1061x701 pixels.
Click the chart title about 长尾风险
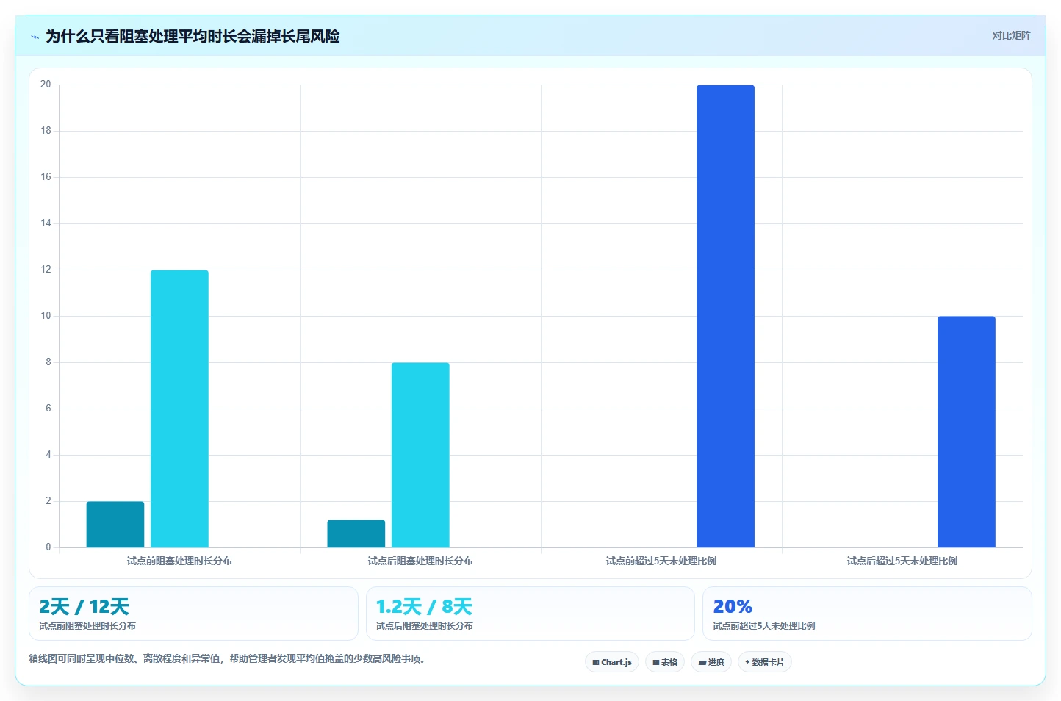[193, 37]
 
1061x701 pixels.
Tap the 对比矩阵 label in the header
[1011, 35]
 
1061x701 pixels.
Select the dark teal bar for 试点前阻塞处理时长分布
[115, 525]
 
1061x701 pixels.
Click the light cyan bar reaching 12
[179, 409]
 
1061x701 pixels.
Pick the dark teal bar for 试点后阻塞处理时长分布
[356, 533]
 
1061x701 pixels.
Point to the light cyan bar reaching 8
[420, 455]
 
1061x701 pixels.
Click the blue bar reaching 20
[726, 317]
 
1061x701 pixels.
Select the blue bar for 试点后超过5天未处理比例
[966, 432]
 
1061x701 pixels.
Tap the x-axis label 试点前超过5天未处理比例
[661, 561]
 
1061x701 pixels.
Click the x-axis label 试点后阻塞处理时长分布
[420, 561]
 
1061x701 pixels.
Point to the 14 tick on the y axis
[46, 223]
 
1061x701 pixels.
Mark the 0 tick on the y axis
[48, 547]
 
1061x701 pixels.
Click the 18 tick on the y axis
[46, 131]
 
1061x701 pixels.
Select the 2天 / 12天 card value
[84, 606]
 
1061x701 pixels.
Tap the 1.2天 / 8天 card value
[425, 606]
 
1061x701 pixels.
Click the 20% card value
[733, 606]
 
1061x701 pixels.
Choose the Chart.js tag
[612, 662]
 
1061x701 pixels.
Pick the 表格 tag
[665, 662]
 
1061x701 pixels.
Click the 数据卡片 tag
[765, 662]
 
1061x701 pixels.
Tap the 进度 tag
[711, 662]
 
